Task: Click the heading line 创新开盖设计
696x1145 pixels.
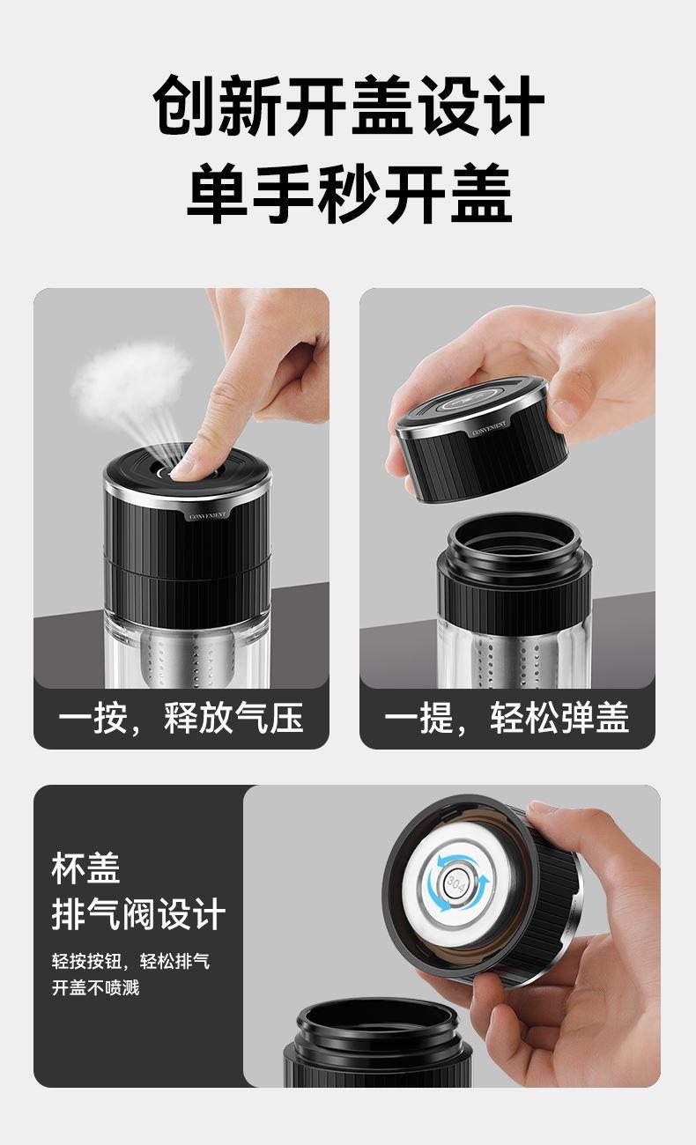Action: [x=348, y=106]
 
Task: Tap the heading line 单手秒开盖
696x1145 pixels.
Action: [x=349, y=193]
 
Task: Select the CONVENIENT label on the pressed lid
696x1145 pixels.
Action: [x=207, y=516]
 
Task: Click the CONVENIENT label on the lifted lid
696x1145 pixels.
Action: [x=489, y=428]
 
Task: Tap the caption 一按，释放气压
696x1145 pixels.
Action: [x=181, y=718]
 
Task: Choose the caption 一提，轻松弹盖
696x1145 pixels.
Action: [x=507, y=718]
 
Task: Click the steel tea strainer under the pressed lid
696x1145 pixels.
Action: [x=176, y=660]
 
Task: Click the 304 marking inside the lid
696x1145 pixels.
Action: [x=455, y=883]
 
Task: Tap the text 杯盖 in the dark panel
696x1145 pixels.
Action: [x=85, y=868]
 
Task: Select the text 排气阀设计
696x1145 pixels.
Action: [x=138, y=914]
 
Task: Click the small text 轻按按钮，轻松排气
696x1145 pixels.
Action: [x=130, y=961]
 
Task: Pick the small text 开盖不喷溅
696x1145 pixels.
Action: [x=95, y=987]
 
